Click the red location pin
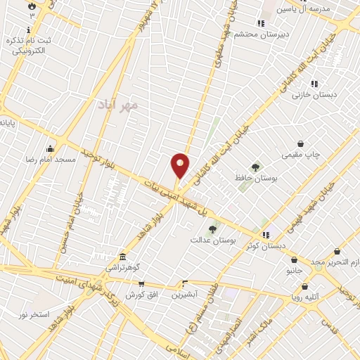180,166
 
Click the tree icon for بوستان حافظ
255,167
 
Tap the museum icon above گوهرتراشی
123,255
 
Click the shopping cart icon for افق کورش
141,284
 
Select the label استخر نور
34,314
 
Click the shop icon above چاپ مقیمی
301,143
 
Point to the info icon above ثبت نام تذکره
28,30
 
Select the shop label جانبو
293,269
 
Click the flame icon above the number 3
32,5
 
